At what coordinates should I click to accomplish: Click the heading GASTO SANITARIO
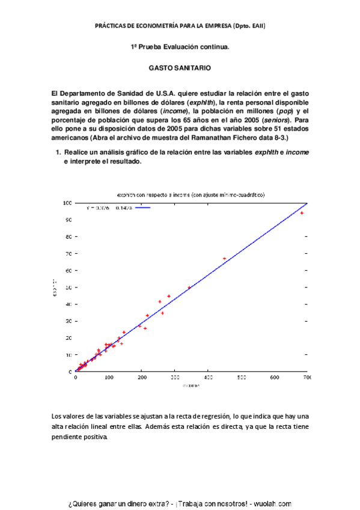[x=180, y=69]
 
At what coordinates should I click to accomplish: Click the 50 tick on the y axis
[x=70, y=287]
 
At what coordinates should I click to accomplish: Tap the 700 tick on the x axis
[x=307, y=378]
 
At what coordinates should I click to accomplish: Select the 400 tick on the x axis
[x=208, y=378]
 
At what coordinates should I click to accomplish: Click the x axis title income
[x=191, y=386]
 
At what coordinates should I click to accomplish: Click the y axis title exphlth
[x=55, y=287]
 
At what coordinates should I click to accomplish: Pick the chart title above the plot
[x=191, y=195]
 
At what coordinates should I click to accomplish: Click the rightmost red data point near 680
[x=302, y=213]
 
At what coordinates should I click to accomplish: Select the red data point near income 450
[x=224, y=259]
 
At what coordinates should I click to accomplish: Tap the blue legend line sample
[x=142, y=208]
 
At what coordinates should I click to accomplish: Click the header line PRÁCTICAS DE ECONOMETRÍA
[x=180, y=26]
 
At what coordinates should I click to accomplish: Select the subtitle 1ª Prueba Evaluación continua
[x=180, y=46]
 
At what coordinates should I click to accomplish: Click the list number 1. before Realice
[x=58, y=153]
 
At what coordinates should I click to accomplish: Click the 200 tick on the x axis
[x=142, y=378]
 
